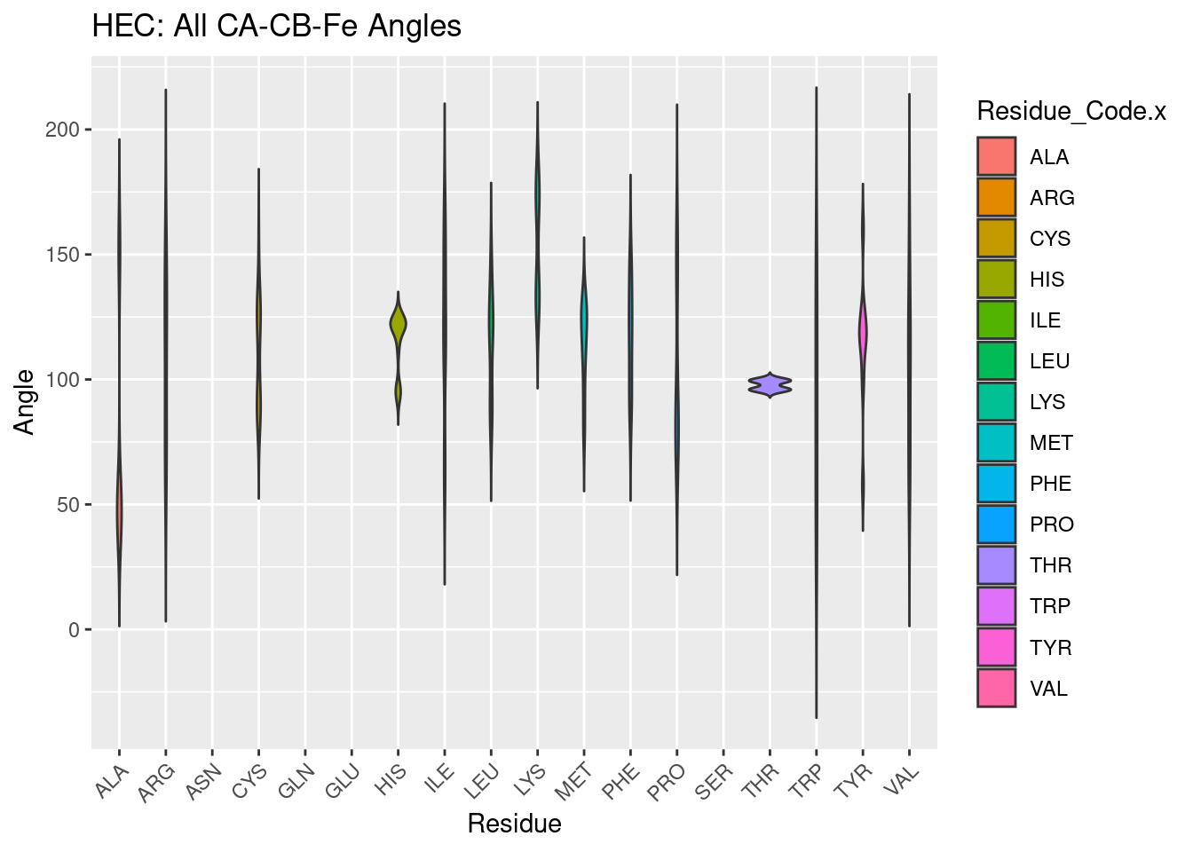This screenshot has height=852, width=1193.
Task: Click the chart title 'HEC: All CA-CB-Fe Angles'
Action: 276,27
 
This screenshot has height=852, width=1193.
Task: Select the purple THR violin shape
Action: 770,384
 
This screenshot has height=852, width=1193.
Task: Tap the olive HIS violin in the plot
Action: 398,325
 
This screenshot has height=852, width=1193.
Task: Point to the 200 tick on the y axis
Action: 68,130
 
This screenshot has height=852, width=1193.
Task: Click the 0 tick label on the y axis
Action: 75,630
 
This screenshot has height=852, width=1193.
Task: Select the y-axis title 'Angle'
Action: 25,402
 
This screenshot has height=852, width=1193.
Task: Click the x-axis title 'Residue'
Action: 514,824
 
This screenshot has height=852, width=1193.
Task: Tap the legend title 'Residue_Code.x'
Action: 1071,111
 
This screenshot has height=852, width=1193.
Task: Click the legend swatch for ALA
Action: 996,156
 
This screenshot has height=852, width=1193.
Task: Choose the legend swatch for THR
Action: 996,565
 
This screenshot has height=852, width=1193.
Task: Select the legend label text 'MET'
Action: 1051,443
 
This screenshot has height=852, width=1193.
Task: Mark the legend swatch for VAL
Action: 996,688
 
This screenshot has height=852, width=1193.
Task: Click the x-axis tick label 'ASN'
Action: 203,784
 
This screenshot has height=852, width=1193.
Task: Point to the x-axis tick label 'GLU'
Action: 343,784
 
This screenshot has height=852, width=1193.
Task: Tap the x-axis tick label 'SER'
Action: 715,784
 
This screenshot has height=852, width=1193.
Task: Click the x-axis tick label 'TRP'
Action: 807,784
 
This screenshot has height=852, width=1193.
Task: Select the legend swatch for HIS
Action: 996,280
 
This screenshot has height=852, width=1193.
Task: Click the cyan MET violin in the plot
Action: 583,319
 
